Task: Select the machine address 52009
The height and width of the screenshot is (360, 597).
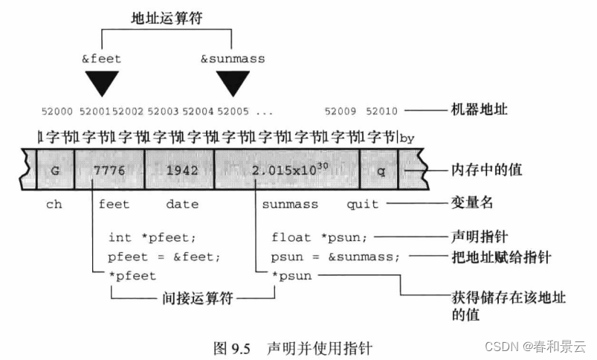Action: [x=343, y=112]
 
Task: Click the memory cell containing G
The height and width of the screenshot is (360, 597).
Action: [x=55, y=170]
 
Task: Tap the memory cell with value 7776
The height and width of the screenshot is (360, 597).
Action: [x=109, y=170]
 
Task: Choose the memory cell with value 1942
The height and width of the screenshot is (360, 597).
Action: [x=181, y=170]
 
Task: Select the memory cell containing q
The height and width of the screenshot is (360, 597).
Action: [x=379, y=170]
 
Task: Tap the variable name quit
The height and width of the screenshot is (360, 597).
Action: [x=362, y=204]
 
